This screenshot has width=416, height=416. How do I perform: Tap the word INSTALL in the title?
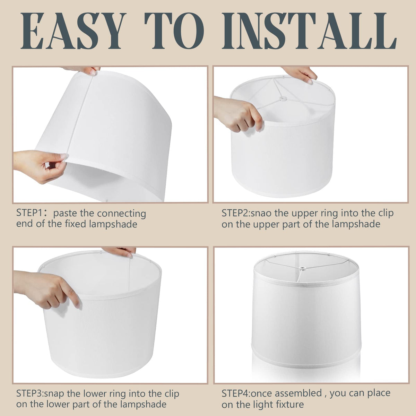309,31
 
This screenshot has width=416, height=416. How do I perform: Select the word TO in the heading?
174,31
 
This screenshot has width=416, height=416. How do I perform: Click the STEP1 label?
30,213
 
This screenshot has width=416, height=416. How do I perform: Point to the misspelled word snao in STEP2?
261,213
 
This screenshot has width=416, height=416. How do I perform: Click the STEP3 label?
30,393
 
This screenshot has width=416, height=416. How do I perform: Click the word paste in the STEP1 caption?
65,214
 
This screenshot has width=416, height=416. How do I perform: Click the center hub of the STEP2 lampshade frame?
283,99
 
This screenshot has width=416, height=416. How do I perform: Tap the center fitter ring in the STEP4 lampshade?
300,269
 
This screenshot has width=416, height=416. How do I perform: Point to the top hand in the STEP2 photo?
300,74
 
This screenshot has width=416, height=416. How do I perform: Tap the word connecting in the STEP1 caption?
121,214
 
